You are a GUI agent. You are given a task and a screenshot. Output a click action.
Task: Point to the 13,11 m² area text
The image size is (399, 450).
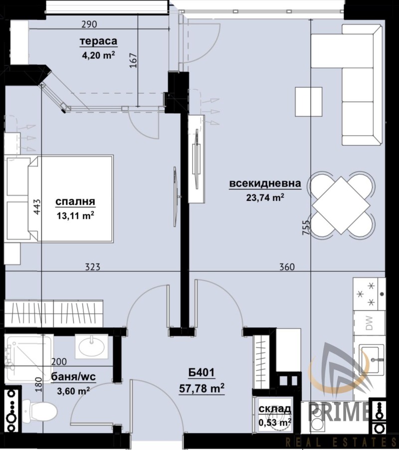pyautogui.click(x=76, y=216)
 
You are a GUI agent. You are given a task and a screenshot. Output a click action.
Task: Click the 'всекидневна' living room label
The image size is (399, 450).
pyautogui.click(x=265, y=185)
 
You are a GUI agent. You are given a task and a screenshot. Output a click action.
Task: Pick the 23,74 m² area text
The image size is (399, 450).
pyautogui.click(x=265, y=198)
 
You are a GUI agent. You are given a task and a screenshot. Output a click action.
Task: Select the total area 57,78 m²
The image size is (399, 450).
pyautogui.click(x=201, y=387)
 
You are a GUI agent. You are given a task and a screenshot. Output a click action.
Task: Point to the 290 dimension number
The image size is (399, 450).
pyautogui.click(x=88, y=24)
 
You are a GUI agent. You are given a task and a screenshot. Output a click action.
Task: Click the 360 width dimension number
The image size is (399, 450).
pyautogui.click(x=286, y=267)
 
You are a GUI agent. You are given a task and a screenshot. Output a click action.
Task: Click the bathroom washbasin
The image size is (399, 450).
pyautogui.click(x=92, y=344)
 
